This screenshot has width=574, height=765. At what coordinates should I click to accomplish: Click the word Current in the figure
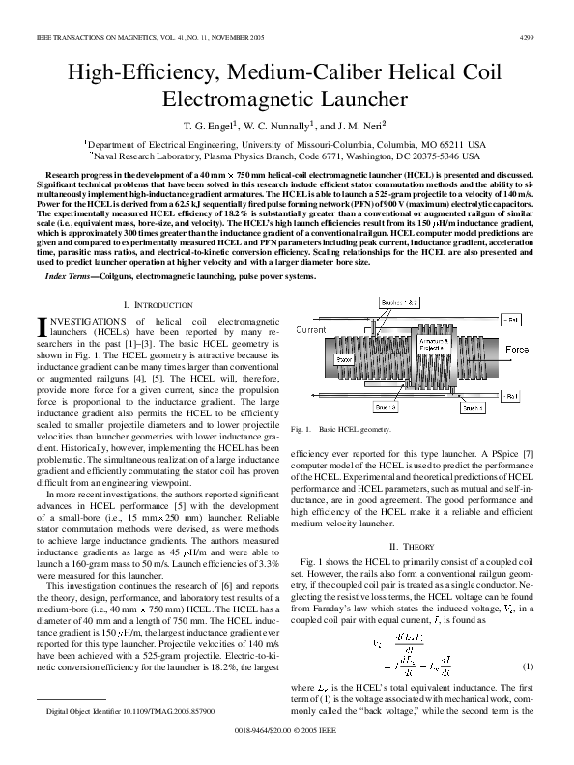tap(311, 330)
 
